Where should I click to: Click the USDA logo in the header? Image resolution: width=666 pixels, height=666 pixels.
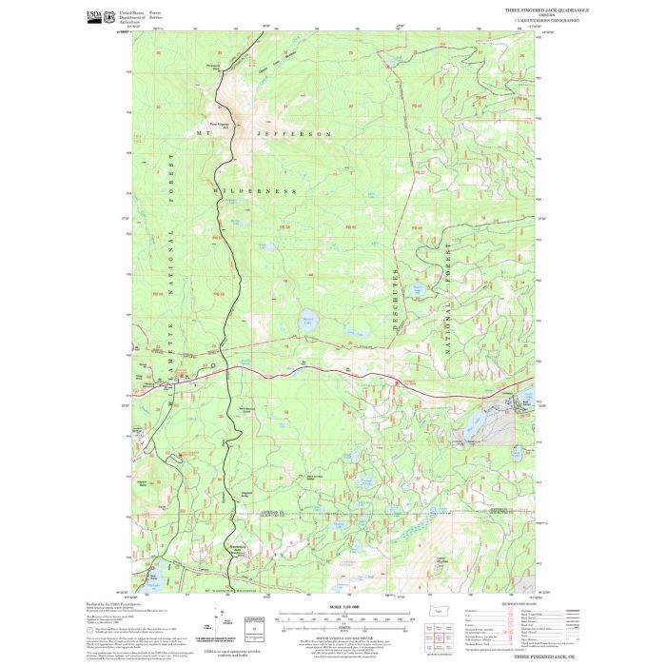pos(93,15)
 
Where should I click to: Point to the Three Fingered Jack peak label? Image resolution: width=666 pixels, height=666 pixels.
pos(220,123)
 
